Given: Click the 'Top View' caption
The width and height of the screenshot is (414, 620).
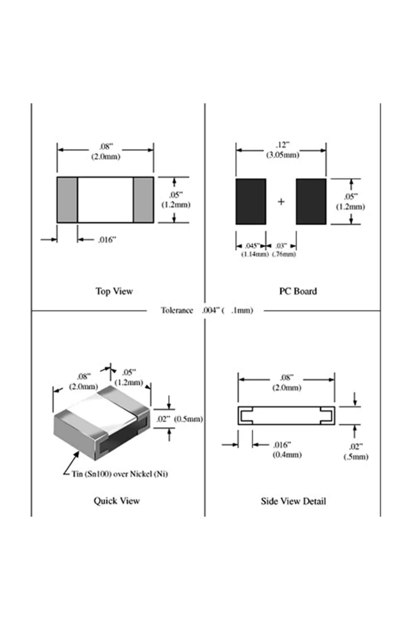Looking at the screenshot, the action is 114,291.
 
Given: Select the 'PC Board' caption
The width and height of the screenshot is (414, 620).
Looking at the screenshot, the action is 298,291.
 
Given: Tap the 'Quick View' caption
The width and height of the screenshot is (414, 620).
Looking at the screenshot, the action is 116,501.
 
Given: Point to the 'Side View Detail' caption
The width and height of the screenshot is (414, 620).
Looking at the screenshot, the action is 293,501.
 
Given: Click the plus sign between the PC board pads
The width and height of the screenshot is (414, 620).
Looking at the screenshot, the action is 281,202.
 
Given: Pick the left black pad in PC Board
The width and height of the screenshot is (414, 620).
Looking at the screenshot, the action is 251,201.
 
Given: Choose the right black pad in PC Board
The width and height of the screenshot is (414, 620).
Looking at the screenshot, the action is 311,201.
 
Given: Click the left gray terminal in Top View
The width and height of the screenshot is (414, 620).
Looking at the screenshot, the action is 67,200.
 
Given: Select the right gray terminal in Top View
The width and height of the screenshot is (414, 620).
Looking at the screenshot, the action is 143,200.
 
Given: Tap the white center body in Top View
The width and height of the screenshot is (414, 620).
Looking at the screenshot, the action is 106,200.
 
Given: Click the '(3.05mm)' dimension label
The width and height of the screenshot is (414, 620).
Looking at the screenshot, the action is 283,155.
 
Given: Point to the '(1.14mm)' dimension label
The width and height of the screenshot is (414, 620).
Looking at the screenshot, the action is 255,254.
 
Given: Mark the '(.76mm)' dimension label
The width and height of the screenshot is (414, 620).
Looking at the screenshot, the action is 284,254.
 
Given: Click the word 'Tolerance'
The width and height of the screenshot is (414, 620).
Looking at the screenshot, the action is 177,310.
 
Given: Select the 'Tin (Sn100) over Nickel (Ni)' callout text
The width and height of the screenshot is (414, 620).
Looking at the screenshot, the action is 120,474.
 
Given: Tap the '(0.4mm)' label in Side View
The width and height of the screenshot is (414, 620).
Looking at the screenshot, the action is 287,455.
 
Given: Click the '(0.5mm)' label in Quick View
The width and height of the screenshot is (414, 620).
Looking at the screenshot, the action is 188,419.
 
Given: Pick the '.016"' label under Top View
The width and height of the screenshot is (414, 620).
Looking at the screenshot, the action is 107,240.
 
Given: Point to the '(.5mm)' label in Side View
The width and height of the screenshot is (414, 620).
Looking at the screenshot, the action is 356,457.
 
